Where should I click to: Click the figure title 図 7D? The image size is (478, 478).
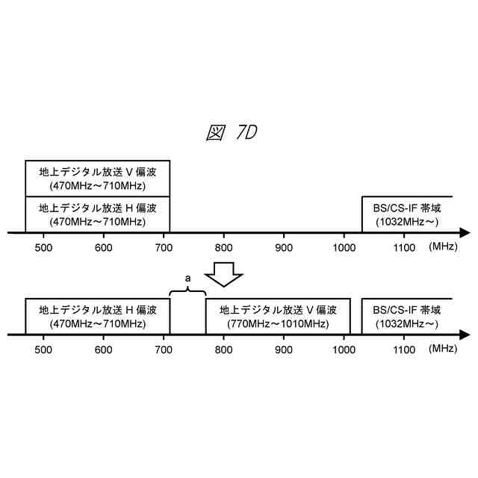click(x=232, y=133)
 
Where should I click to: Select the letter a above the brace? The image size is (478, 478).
click(x=187, y=278)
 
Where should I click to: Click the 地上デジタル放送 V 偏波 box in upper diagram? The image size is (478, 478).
click(x=98, y=178)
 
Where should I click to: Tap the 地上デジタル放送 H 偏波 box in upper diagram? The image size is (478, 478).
click(x=98, y=214)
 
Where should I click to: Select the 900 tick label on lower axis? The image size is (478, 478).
click(x=284, y=349)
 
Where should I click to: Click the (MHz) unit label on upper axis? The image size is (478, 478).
click(x=445, y=246)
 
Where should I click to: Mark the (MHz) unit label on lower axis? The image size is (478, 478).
click(x=445, y=349)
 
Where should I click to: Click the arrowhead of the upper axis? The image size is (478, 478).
click(x=465, y=233)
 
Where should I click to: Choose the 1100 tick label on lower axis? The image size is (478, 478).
click(x=404, y=349)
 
